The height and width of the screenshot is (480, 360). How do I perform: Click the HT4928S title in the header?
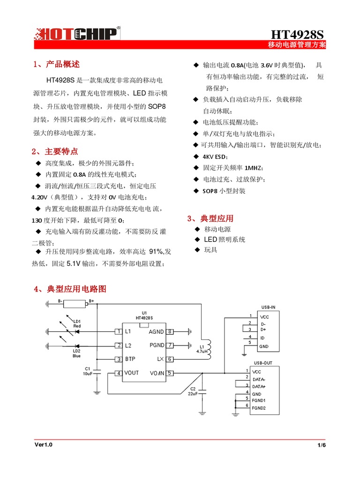[297, 35]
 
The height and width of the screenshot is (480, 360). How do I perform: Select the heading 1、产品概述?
[56, 64]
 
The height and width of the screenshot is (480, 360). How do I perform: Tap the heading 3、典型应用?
[210, 218]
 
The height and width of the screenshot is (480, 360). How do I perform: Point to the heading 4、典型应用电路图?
[70, 289]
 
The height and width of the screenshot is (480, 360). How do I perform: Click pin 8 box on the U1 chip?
[170, 332]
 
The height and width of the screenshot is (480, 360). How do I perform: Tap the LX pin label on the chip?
[160, 359]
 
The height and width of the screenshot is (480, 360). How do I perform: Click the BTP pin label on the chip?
[130, 360]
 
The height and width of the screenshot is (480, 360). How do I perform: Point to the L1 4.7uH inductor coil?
[209, 347]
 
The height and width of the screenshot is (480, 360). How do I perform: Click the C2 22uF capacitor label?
[193, 391]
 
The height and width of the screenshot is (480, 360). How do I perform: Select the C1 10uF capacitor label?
[87, 371]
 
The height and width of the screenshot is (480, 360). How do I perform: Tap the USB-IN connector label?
[268, 307]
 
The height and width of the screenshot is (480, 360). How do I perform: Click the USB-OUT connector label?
[263, 363]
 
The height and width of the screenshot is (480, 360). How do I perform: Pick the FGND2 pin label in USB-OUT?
[258, 408]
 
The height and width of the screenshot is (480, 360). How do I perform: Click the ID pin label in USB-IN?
[262, 337]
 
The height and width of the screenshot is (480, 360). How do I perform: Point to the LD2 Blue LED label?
[77, 353]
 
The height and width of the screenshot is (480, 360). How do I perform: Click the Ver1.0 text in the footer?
[43, 445]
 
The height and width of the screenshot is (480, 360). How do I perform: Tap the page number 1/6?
[321, 445]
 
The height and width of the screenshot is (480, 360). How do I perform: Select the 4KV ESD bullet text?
[215, 156]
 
